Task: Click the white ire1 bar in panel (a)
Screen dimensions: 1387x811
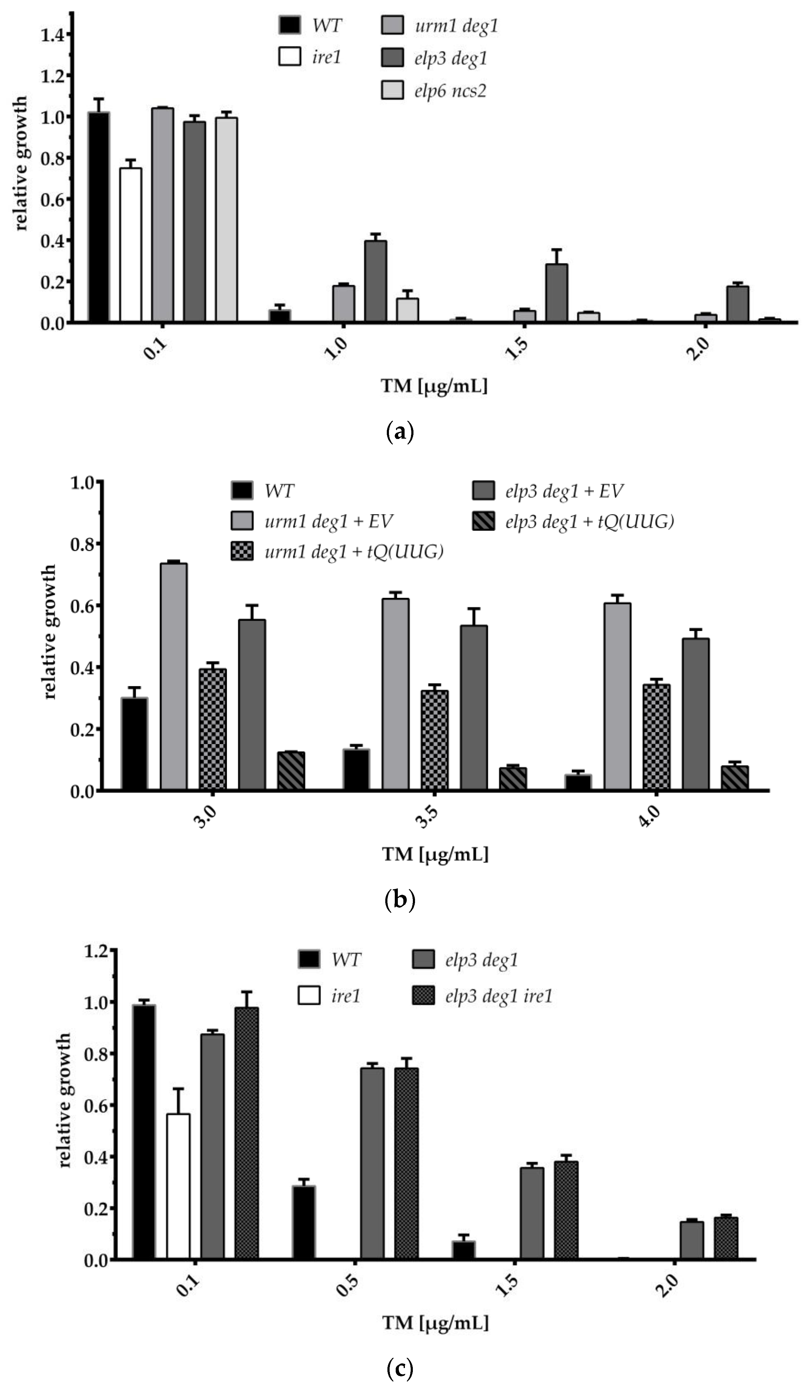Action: [130, 245]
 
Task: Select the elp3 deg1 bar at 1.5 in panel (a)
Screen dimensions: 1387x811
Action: [556, 293]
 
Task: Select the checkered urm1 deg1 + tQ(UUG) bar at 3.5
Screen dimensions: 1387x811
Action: [434, 740]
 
